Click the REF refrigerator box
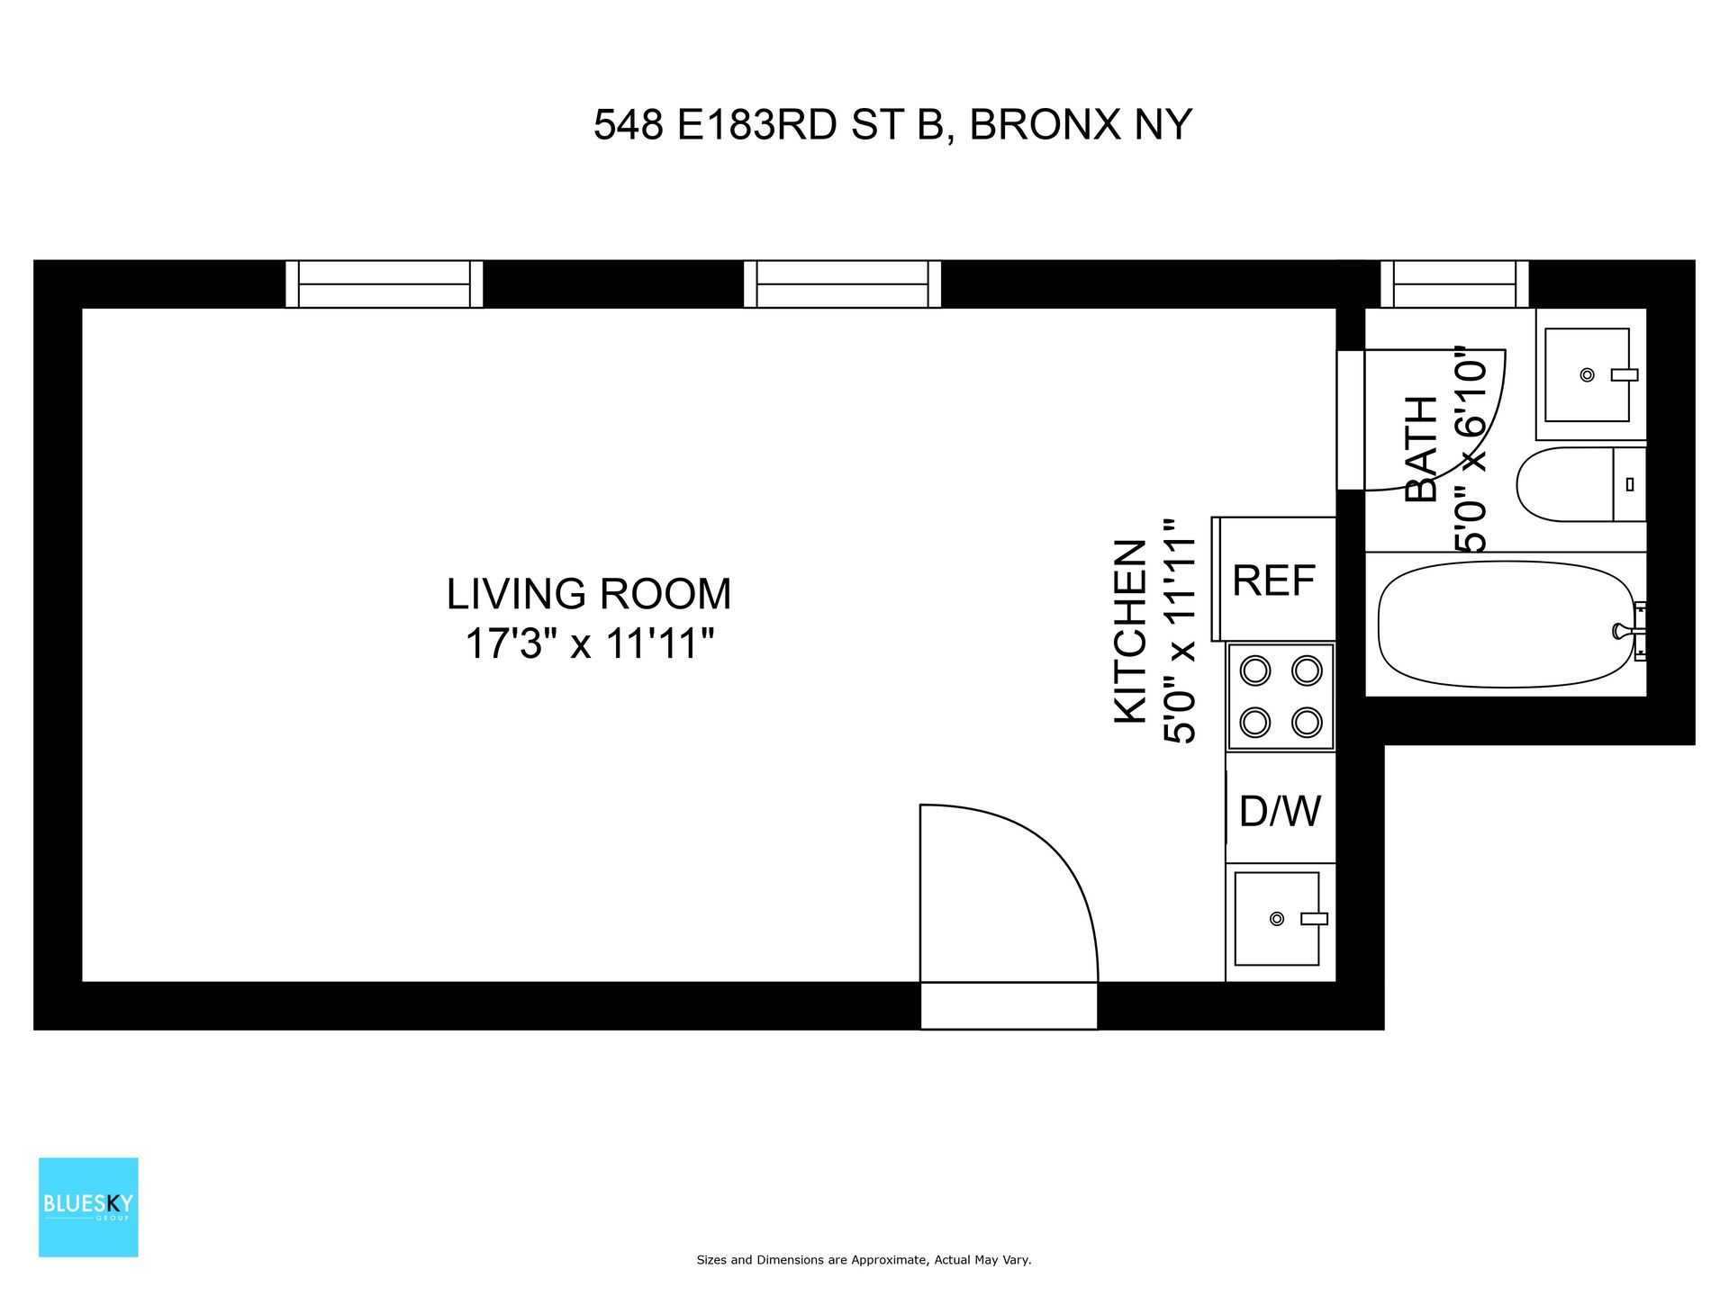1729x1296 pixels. tap(1274, 580)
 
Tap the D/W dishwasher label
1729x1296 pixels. tap(1280, 811)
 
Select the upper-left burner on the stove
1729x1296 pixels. tap(1255, 670)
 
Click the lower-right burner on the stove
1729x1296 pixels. tap(1307, 722)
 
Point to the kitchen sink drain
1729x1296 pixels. tap(1276, 919)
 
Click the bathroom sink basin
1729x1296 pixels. tap(1587, 374)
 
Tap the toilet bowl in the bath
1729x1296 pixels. tap(1565, 485)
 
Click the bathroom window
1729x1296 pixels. tap(1454, 283)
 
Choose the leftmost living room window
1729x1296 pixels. tap(385, 283)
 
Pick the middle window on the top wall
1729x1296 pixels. tap(842, 283)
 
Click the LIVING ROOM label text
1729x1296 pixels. tap(589, 594)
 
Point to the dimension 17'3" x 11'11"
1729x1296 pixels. tap(589, 644)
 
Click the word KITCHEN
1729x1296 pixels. tap(1131, 631)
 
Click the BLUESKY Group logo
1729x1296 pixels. tap(88, 1206)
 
